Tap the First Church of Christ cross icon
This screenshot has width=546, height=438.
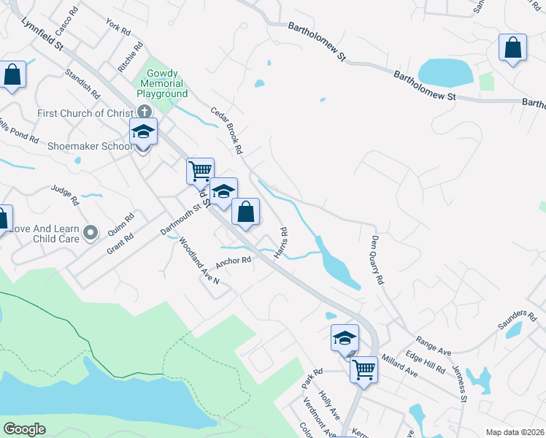pos(144,112)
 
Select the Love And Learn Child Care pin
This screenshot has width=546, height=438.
pos(91,232)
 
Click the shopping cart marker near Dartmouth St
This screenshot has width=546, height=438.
pos(200,172)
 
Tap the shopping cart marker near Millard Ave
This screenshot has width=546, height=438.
pos(364,369)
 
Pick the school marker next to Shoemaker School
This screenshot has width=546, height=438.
pos(143,133)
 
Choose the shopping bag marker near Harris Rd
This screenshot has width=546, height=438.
pos(246,212)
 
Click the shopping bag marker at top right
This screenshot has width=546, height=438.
pos(513,48)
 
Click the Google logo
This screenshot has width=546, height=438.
pos(24,429)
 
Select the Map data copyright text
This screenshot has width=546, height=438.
pos(515,432)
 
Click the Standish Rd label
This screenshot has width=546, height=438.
pos(82,84)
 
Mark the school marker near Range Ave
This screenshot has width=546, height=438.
pos(345,338)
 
